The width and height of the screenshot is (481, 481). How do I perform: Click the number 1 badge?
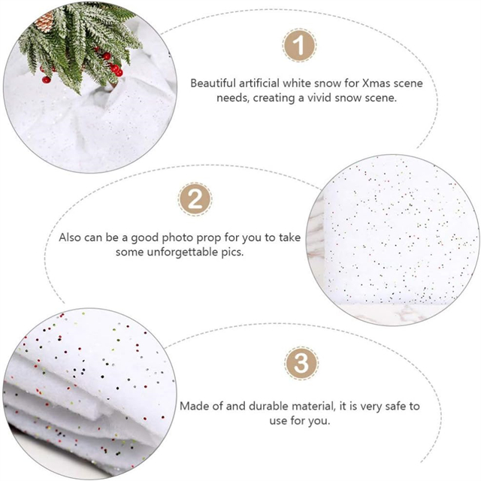click(x=299, y=45)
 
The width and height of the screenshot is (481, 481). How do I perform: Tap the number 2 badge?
click(x=195, y=199)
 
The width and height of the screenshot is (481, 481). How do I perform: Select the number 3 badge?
click(x=301, y=363)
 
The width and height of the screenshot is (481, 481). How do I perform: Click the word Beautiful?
click(x=213, y=83)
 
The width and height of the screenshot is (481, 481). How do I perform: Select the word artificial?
click(x=259, y=83)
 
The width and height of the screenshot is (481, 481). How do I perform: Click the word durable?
click(x=268, y=406)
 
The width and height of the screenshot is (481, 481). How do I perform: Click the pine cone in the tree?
click(x=45, y=21)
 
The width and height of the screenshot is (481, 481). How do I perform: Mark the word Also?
click(x=70, y=237)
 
